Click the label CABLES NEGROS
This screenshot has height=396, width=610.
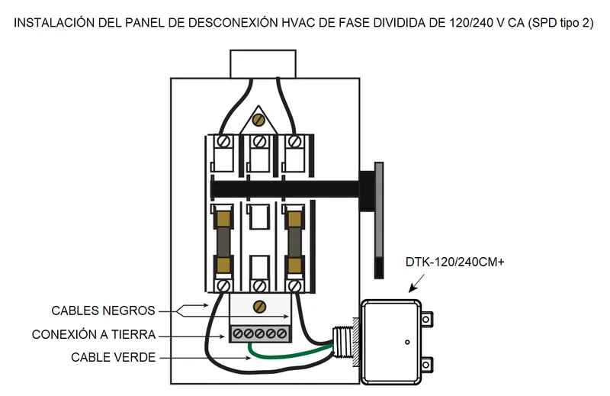point(103,311)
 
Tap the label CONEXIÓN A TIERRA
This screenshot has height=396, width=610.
point(94,334)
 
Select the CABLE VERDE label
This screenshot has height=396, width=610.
point(113,357)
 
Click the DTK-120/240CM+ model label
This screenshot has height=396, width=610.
point(454,262)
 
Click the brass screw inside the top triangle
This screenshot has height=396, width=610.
point(258,120)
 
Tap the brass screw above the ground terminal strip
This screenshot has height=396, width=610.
point(259,307)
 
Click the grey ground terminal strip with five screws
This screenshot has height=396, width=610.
point(260,333)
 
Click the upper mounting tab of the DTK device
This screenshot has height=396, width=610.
point(427,320)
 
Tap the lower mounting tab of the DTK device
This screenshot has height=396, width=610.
point(427,365)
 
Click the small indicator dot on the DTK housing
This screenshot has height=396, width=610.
point(407,343)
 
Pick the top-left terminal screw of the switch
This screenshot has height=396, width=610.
point(223,141)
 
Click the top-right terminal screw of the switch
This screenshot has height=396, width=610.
point(295,141)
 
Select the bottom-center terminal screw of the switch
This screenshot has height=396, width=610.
point(259,287)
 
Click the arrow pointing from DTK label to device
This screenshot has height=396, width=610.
point(416,283)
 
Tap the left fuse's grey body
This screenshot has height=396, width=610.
point(223,242)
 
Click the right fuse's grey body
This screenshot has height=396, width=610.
point(295,242)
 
